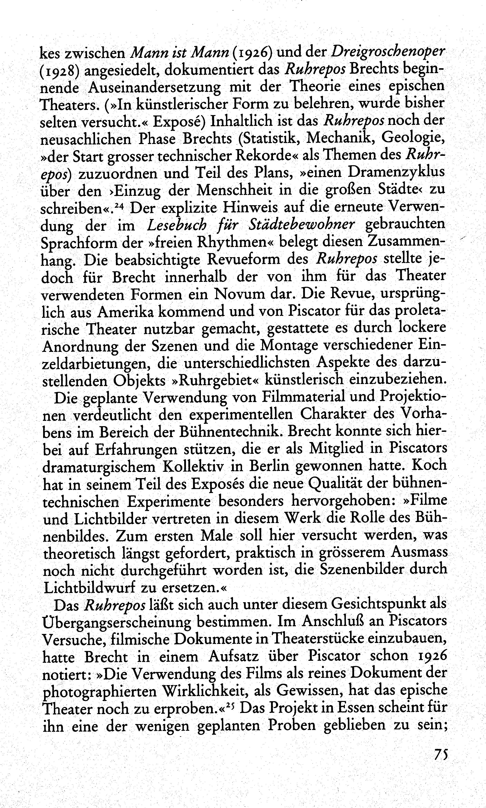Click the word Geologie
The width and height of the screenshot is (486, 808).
coord(413,139)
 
